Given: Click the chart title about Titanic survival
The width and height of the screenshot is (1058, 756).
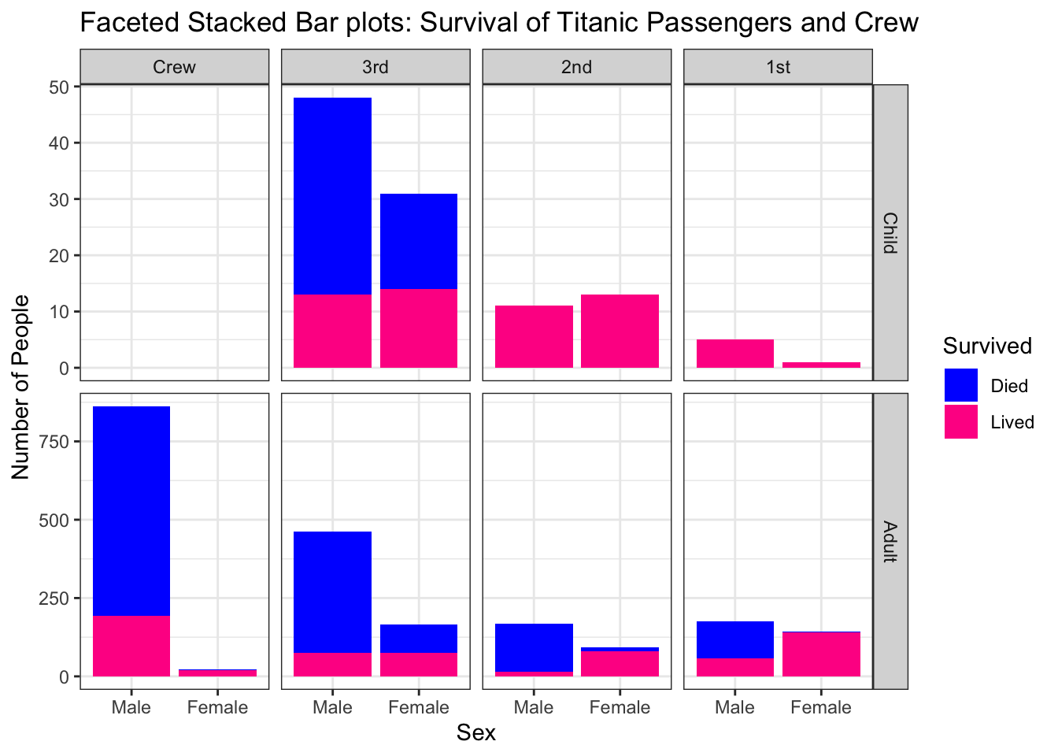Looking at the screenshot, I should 499,22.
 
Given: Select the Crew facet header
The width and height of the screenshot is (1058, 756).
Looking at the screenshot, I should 174,67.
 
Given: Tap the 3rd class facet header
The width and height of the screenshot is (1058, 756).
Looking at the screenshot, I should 375,67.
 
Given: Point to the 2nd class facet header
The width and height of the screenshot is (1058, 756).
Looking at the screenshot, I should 576,67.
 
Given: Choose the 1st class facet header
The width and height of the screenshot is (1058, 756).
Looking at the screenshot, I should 778,67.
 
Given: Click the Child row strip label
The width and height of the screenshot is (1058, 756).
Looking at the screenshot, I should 890,232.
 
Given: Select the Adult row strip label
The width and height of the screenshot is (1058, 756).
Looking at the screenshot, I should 890,541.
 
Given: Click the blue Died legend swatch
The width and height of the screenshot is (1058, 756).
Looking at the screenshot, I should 960,386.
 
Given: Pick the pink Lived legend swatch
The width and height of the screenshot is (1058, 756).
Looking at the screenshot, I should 960,422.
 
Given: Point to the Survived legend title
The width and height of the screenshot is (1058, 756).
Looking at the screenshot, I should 987,346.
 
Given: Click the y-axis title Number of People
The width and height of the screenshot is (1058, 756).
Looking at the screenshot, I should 20,387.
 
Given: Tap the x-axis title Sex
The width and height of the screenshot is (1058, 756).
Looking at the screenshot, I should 475,733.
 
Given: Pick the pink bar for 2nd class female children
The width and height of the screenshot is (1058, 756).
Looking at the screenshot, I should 620,331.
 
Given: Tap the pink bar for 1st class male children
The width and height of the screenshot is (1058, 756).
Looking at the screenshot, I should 734,354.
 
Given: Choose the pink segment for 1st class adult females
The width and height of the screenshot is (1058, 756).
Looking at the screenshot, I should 821,654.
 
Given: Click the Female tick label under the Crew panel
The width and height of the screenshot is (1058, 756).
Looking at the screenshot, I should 217,707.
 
